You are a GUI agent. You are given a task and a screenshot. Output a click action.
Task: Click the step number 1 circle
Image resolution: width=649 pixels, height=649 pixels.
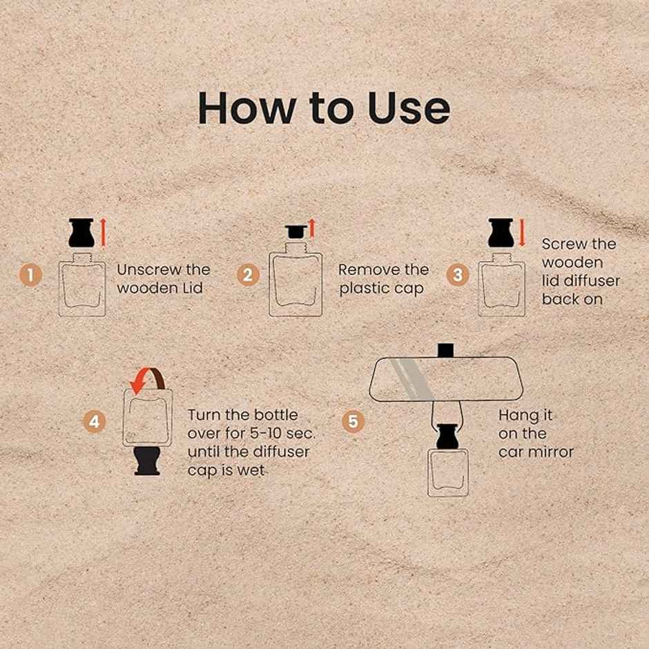[x=30, y=275]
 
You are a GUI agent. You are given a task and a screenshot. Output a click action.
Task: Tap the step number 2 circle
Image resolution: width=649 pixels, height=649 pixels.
[x=247, y=275]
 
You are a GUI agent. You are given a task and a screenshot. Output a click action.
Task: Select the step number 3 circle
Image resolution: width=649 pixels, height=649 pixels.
[x=458, y=275]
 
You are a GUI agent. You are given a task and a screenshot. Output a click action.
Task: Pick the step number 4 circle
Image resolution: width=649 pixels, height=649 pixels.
[x=95, y=422]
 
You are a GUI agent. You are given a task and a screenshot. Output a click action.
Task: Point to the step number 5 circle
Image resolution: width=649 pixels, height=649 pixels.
[x=353, y=422]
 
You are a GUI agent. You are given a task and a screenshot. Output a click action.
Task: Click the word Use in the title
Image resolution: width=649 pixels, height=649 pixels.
[x=409, y=108]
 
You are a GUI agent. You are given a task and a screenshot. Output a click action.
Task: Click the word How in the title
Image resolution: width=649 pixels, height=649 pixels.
[x=246, y=108]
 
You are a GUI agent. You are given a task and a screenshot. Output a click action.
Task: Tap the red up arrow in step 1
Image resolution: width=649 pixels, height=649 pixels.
[x=103, y=233]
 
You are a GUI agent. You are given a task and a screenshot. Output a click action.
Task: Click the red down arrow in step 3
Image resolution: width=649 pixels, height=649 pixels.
[x=522, y=233]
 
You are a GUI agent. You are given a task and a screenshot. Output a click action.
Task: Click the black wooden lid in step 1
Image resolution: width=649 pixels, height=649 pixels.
[x=81, y=233]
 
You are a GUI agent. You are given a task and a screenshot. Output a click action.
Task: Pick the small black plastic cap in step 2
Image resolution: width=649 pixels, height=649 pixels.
[x=296, y=232]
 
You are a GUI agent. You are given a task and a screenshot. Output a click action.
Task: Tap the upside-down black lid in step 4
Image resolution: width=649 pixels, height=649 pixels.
[x=147, y=461]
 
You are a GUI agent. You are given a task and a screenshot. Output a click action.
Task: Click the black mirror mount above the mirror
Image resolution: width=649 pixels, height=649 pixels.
[x=444, y=350]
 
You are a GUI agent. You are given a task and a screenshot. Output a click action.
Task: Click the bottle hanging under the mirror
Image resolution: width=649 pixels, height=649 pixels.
[x=448, y=472]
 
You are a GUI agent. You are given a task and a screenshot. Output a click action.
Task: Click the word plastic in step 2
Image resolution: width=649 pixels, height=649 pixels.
[x=365, y=289]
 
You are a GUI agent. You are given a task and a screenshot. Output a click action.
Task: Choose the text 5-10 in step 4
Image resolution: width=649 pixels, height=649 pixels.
[x=265, y=434]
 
